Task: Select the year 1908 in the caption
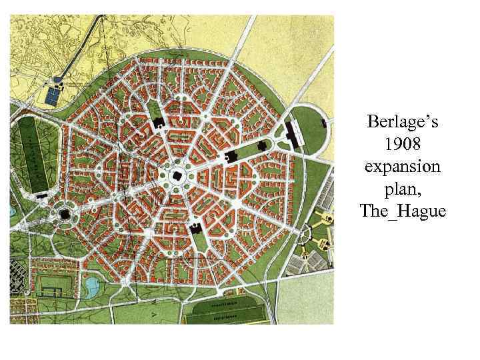(403, 144)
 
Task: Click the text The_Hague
(403, 211)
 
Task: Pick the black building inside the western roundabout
(65, 213)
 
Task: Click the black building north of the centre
(159, 122)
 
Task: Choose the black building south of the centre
(196, 229)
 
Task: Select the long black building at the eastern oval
(292, 133)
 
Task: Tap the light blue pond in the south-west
(91, 287)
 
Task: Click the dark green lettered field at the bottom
(230, 311)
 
